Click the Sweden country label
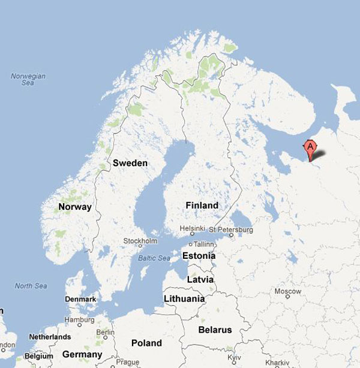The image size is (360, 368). (130, 163)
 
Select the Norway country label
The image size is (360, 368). (75, 207)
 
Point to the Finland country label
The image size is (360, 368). (202, 205)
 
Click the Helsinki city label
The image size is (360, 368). (193, 229)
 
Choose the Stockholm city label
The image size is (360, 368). (140, 241)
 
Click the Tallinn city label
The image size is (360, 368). (203, 244)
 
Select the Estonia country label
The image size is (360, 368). (199, 256)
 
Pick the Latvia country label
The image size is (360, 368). (200, 280)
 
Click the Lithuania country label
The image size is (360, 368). (184, 298)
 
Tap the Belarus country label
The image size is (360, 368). (215, 330)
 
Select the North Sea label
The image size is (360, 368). (31, 286)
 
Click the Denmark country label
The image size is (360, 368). (80, 298)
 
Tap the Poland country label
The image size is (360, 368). (147, 343)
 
